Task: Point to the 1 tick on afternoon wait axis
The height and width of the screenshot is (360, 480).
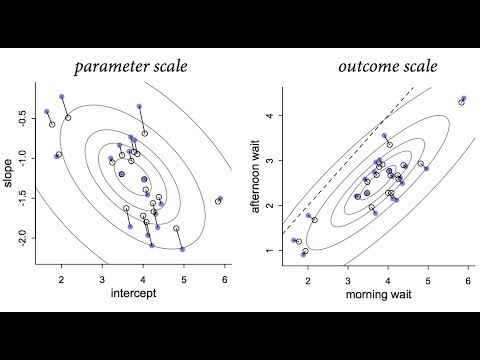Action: click(274, 250)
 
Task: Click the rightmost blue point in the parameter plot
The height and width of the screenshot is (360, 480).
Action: click(220, 199)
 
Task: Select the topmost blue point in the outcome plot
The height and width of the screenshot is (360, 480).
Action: click(463, 98)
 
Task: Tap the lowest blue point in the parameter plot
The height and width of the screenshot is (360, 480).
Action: click(182, 249)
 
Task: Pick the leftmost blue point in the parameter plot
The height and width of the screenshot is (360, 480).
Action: click(47, 112)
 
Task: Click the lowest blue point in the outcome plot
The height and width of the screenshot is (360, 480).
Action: click(303, 254)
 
